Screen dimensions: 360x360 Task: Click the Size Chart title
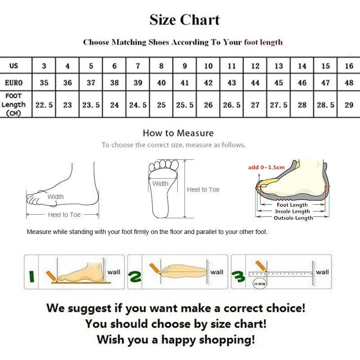(184, 20)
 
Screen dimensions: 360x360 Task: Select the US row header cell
(14, 66)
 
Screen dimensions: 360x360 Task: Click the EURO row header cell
(14, 83)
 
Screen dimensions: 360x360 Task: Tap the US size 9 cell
(184, 66)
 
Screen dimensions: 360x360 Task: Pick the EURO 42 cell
(208, 83)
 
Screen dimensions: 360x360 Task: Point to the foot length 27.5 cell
(279, 105)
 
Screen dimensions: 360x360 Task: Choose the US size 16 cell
(349, 66)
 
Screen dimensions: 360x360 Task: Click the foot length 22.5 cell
(44, 105)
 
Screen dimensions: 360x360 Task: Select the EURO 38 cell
(114, 83)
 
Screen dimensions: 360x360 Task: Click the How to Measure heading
(178, 133)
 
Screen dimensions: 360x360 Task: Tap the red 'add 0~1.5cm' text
(266, 167)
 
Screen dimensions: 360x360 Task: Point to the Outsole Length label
(293, 218)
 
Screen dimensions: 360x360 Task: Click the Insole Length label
(292, 211)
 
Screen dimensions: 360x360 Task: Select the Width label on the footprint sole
(160, 184)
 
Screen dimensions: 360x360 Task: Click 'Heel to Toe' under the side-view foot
(64, 215)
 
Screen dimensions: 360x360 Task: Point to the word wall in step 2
(217, 272)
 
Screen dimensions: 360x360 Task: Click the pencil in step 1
(51, 274)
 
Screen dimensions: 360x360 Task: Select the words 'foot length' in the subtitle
(263, 42)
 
